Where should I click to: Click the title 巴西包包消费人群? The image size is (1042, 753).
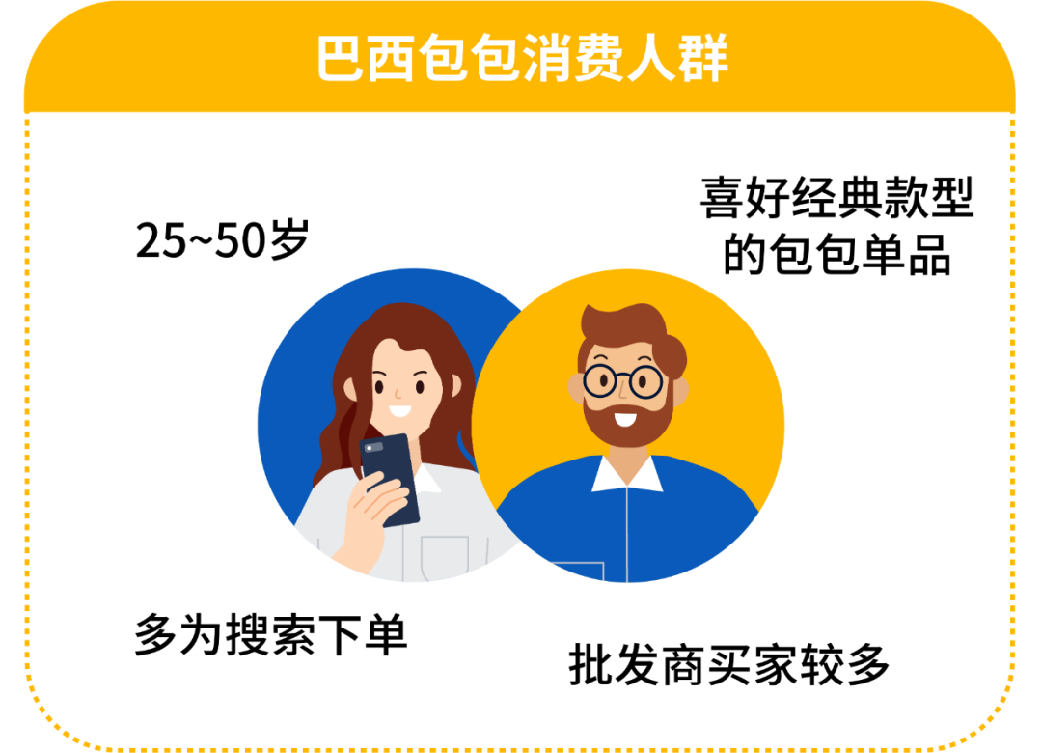521,60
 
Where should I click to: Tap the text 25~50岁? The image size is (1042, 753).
221,241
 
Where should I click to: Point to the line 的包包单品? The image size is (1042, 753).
836,256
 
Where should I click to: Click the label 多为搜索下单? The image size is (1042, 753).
270,636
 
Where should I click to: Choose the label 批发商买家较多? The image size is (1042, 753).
728,665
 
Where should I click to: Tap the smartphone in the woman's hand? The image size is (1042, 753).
391,478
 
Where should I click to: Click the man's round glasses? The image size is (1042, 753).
622,379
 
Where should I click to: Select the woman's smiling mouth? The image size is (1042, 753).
399,411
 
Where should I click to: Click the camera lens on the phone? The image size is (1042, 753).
373,447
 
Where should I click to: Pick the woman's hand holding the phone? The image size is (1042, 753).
371,512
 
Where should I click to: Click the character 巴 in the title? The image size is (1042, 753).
343,60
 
